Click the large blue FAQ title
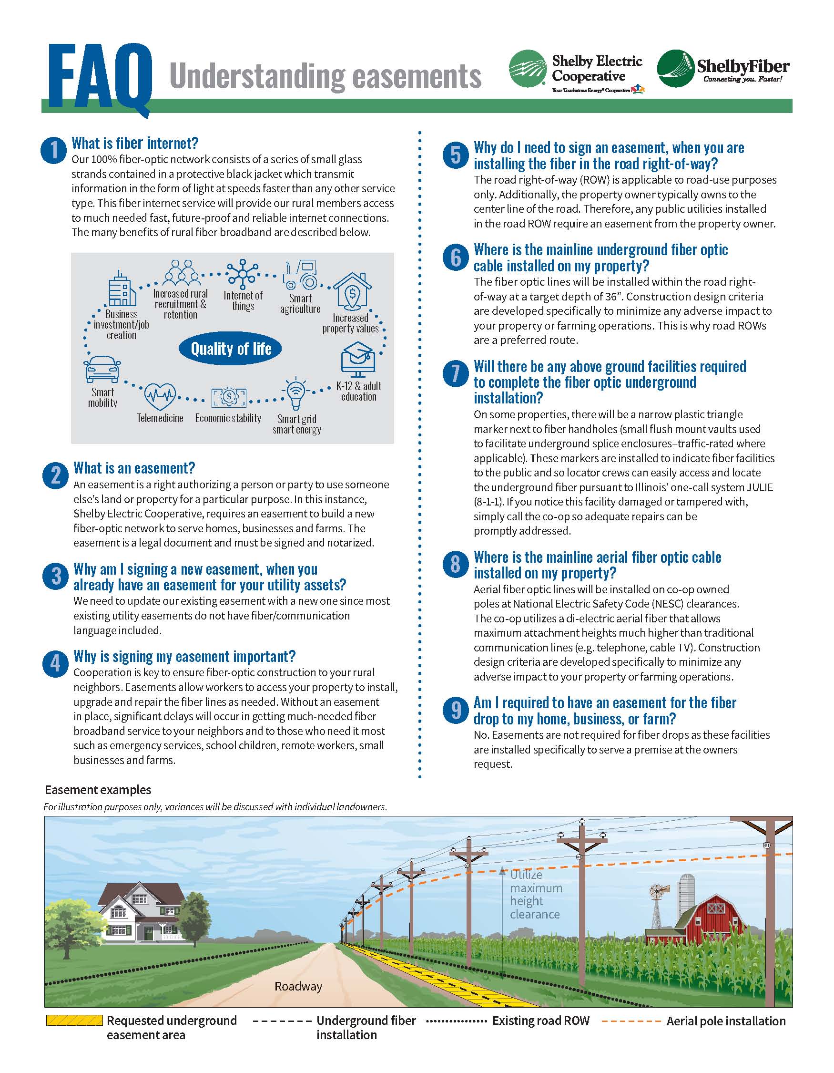pyautogui.click(x=100, y=76)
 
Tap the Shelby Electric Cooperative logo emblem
pyautogui.click(x=528, y=69)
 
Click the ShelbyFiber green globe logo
pyautogui.click(x=675, y=69)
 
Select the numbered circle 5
pyautogui.click(x=456, y=155)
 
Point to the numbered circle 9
pyautogui.click(x=456, y=711)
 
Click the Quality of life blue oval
pyautogui.click(x=231, y=349)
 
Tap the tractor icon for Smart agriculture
pyautogui.click(x=300, y=275)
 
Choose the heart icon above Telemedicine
pyautogui.click(x=160, y=396)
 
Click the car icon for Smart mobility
pyautogui.click(x=102, y=370)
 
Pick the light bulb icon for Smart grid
pyautogui.click(x=295, y=393)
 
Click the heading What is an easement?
pyautogui.click(x=134, y=468)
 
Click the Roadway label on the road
pyautogui.click(x=298, y=986)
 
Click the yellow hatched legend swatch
pyautogui.click(x=74, y=1021)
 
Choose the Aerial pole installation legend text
pyautogui.click(x=725, y=1021)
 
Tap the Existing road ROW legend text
pyautogui.click(x=540, y=1021)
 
